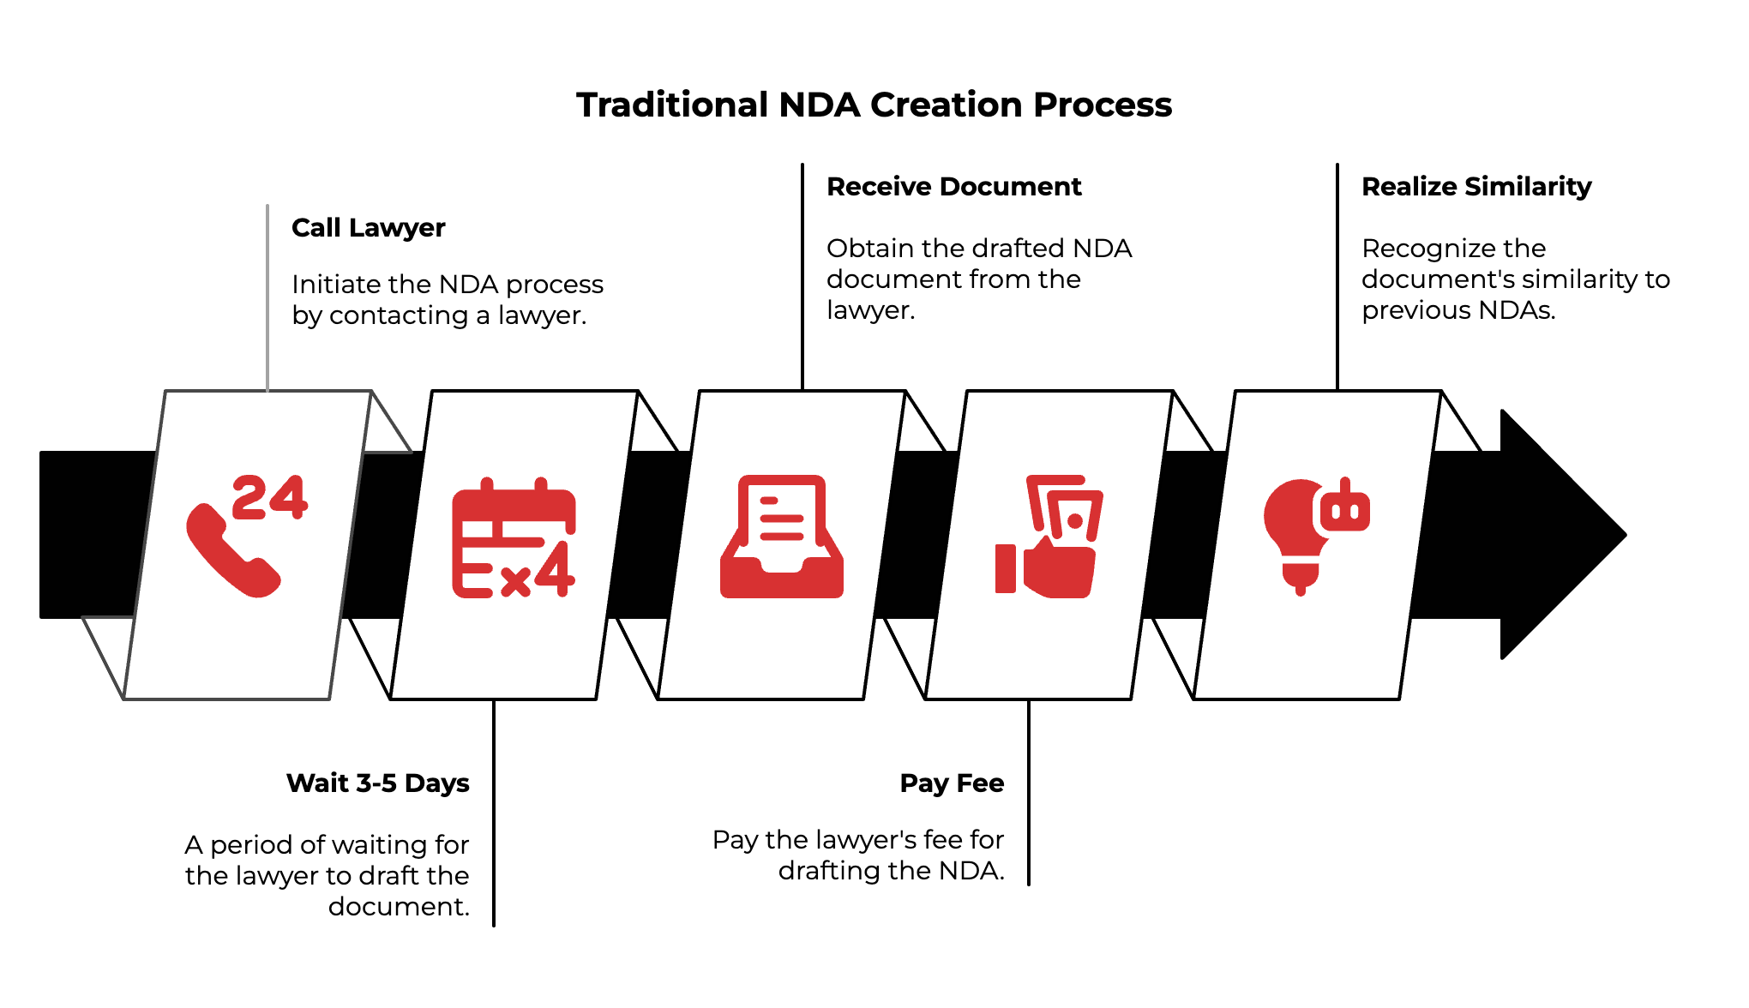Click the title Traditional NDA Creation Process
(874, 105)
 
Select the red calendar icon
(514, 537)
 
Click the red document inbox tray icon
(781, 537)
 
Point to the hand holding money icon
(1049, 537)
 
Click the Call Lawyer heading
(368, 228)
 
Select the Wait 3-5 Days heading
(377, 783)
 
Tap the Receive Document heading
(953, 187)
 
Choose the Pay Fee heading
(952, 783)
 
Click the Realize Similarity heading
(1476, 187)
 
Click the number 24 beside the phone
(269, 498)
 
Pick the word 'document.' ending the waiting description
(399, 906)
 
